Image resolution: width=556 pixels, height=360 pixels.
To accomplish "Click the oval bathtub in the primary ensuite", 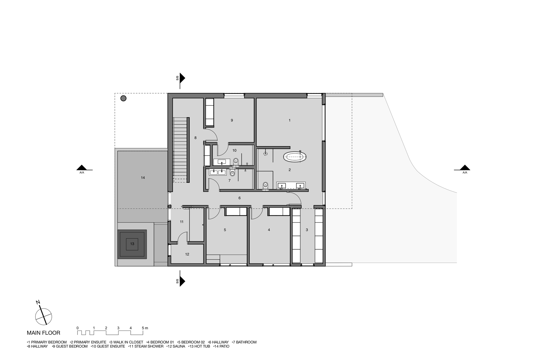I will [295, 157].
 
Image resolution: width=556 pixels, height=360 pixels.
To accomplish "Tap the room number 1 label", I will [290, 120].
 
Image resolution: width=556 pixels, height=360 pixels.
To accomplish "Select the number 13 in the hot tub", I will [132, 244].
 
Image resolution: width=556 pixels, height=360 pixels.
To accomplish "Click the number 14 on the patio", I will [143, 178].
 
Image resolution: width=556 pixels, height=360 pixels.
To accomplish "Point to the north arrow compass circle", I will [44, 317].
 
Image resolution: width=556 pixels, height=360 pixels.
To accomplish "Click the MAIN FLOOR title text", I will [43, 333].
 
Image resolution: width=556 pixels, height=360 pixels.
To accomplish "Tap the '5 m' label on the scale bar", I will [145, 328].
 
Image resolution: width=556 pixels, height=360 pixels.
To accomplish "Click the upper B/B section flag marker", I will [182, 78].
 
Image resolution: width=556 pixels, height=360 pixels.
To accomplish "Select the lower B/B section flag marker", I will [182, 281].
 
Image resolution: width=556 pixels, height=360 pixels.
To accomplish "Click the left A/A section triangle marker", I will [82, 168].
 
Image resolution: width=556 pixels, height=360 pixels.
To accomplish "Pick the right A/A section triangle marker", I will [465, 168].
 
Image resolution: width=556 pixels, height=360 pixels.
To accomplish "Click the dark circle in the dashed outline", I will [123, 98].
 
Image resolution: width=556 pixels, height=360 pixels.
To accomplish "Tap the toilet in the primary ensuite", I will [265, 186].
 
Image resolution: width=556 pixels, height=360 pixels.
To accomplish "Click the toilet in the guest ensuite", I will [236, 161].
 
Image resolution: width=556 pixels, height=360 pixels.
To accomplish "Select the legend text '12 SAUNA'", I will [176, 346].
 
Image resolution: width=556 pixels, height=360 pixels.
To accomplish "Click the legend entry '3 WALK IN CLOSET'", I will [126, 342].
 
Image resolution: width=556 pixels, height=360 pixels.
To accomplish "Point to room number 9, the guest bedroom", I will [232, 120].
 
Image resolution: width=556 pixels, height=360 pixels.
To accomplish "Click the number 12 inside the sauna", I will [187, 254].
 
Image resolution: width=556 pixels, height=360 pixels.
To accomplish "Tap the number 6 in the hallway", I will [239, 198].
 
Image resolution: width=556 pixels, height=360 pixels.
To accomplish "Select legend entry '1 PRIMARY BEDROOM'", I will [47, 342].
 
